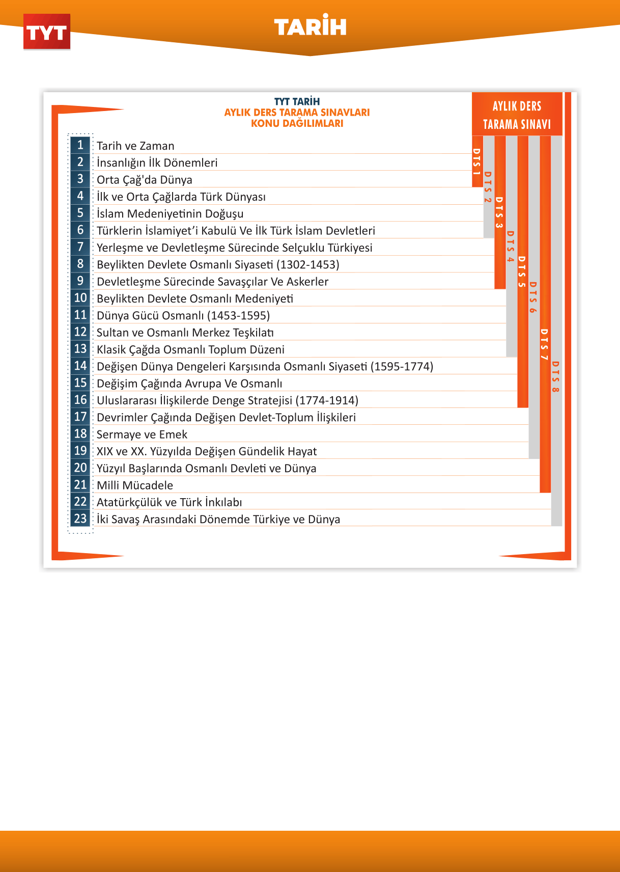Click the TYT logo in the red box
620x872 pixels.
pos(46,33)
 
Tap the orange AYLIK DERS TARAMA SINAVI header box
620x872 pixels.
pos(517,115)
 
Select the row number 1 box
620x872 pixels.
pos(80,145)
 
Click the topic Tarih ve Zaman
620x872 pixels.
pos(135,146)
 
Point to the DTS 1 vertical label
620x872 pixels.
pos(477,161)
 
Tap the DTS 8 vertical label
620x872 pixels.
pos(556,376)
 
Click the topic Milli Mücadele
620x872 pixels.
pos(135,485)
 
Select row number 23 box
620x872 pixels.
pos(80,519)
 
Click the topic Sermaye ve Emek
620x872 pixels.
pos(142,434)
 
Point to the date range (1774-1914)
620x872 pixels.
pos(327,400)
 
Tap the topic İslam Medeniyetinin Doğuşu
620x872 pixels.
pos(170,214)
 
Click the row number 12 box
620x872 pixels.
pos(80,332)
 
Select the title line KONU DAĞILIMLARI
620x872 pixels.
pos(297,123)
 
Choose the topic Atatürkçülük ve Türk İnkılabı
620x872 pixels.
pos(170,502)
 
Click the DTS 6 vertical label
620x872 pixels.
pos(533,297)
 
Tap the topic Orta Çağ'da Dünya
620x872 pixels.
pos(145,180)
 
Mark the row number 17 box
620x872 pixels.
pos(80,417)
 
